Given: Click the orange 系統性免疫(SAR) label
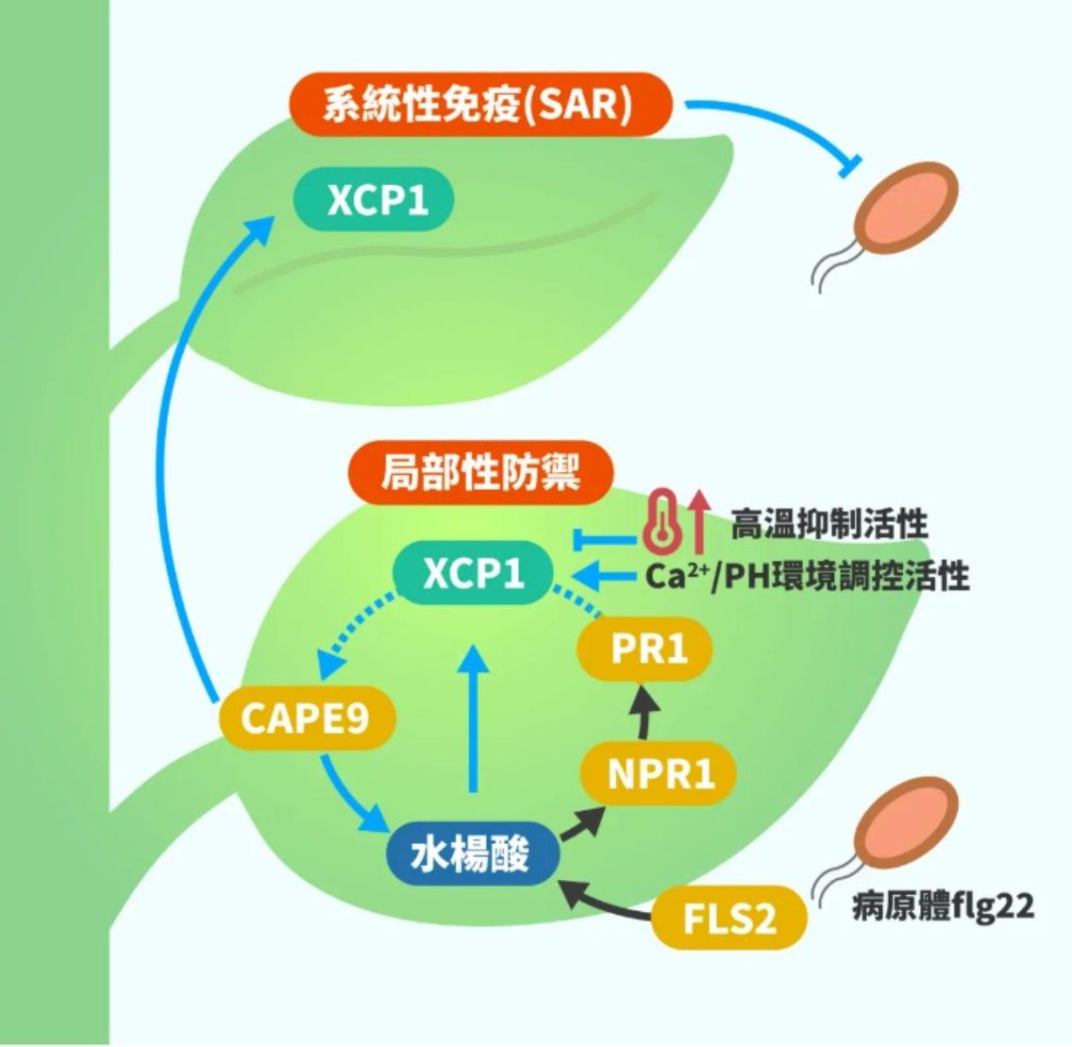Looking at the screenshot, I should pyautogui.click(x=480, y=104).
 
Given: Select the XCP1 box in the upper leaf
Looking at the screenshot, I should pyautogui.click(x=374, y=200).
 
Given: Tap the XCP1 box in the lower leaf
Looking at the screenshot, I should pyautogui.click(x=473, y=573).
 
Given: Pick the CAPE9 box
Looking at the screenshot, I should pyautogui.click(x=306, y=718).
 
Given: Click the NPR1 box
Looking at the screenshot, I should pyautogui.click(x=660, y=774).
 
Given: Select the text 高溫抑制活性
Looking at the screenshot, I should pyautogui.click(x=829, y=523).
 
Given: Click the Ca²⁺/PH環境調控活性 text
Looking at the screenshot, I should pyautogui.click(x=807, y=575).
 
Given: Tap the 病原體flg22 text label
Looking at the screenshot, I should pyautogui.click(x=942, y=906).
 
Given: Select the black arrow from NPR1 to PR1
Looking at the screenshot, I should pyautogui.click(x=645, y=713).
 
